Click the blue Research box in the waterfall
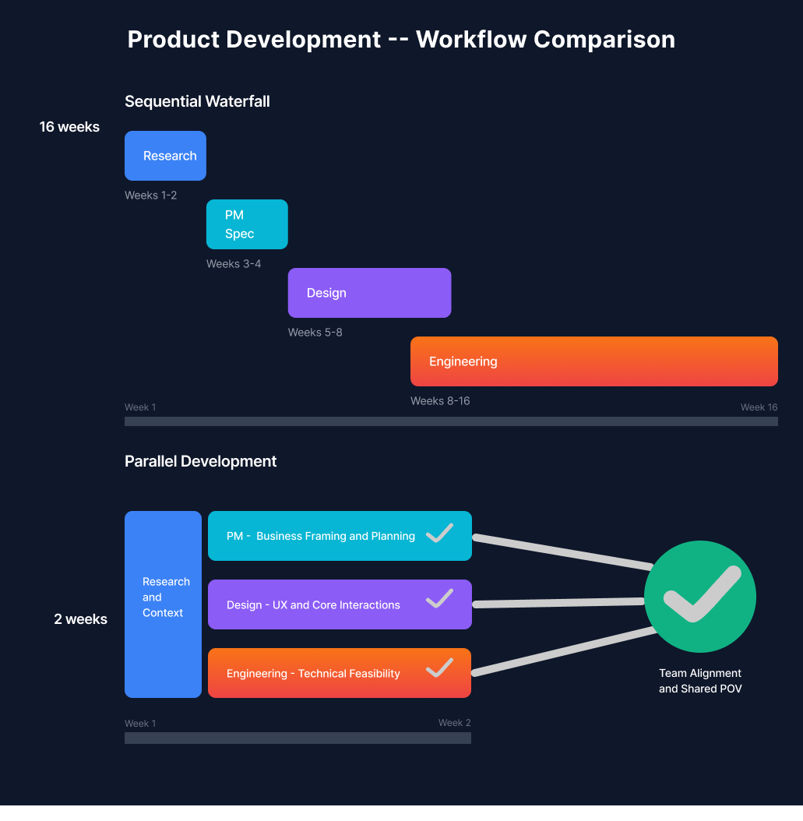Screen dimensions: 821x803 click(165, 156)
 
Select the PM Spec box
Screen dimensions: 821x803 click(247, 224)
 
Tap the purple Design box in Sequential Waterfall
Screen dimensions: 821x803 click(369, 293)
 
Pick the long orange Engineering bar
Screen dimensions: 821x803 click(593, 361)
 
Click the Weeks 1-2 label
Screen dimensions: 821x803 click(150, 196)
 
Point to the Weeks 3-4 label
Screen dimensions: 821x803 click(234, 264)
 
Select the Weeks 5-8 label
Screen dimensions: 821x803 click(315, 333)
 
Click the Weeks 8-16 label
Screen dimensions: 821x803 click(440, 401)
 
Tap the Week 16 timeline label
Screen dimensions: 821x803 click(759, 407)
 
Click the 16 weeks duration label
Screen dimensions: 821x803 click(69, 127)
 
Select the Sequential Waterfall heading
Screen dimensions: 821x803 click(197, 101)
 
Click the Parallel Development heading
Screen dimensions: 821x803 click(200, 461)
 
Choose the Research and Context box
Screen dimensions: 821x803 click(163, 604)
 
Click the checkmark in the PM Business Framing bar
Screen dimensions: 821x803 click(439, 534)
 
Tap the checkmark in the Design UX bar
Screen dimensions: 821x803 click(439, 599)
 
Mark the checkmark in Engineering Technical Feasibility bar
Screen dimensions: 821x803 click(439, 668)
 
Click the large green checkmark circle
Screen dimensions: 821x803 click(700, 597)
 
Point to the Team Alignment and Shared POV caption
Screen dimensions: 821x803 click(700, 681)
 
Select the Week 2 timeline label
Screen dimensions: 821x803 click(454, 723)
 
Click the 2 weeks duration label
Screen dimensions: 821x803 click(80, 620)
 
